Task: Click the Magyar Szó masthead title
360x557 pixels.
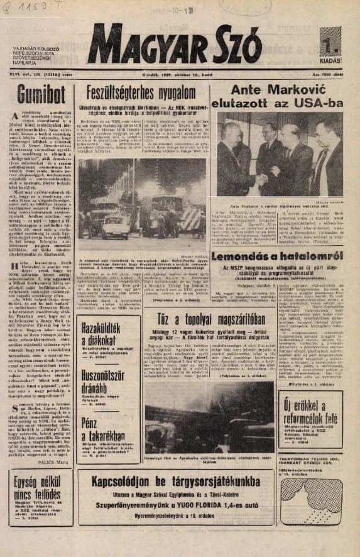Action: point(175,47)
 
